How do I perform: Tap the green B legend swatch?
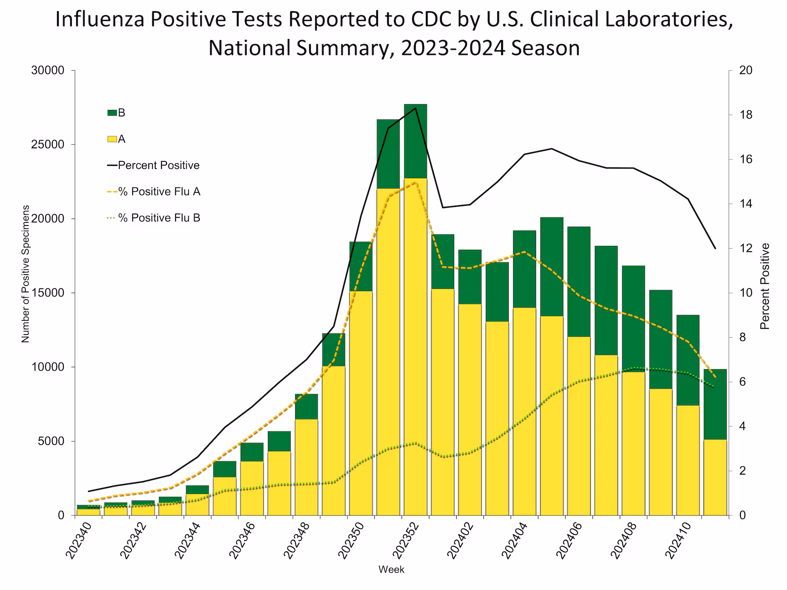[112, 113]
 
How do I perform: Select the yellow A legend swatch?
[112, 139]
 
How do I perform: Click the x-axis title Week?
[391, 570]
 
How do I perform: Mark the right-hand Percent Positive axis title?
[765, 286]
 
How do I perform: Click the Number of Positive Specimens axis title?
[25, 274]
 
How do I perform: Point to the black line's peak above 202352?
[415, 108]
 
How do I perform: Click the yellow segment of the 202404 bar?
[524, 411]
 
